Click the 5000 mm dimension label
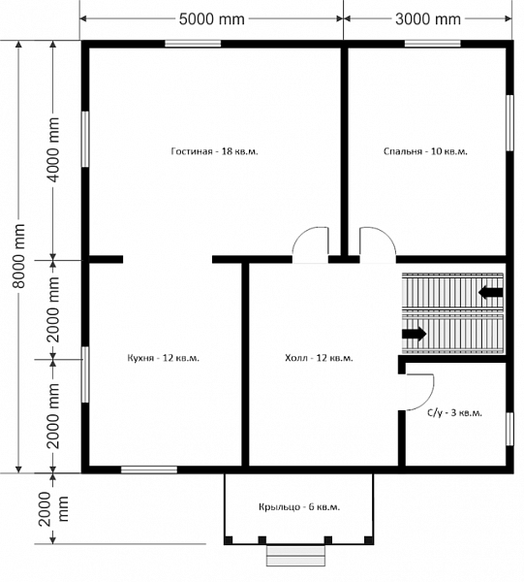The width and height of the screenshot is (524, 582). click(211, 19)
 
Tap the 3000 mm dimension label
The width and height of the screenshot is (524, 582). click(428, 19)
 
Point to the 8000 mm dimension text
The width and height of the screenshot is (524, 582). click(18, 256)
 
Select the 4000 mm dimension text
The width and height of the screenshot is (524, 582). click(54, 149)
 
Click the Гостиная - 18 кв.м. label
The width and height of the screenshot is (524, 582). click(215, 151)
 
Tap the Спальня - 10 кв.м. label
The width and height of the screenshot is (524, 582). click(425, 151)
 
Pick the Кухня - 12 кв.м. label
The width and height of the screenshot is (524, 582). click(164, 358)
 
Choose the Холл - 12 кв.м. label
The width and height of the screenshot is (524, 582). click(319, 358)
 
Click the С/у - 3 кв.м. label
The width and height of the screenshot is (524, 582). click(454, 413)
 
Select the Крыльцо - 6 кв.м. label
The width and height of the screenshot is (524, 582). click(299, 506)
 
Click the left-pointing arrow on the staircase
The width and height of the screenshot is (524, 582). click(491, 292)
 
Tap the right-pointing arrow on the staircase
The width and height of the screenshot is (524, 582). click(415, 334)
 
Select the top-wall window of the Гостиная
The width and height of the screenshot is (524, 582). click(193, 44)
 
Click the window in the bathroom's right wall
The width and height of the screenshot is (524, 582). click(509, 429)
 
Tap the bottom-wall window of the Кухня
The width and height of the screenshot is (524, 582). click(149, 469)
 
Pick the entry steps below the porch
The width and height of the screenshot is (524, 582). click(295, 556)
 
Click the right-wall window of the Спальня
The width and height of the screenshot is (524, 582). click(509, 123)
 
